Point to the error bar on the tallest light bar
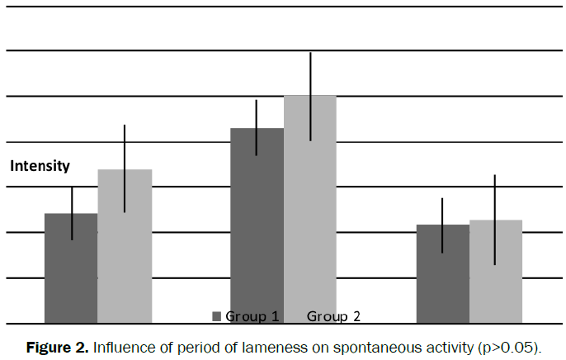point(310,96)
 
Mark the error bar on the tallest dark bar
point(257,127)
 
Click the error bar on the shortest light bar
point(495,220)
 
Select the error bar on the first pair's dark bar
point(72,213)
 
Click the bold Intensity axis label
point(40,166)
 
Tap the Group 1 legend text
point(252,316)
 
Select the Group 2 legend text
point(333,316)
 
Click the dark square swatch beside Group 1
point(218,316)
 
